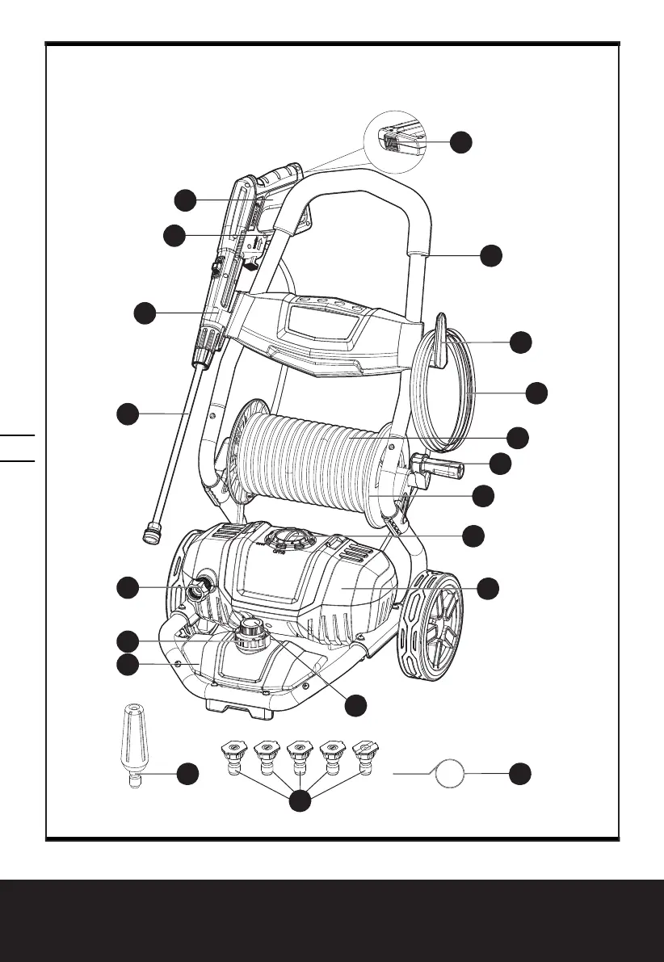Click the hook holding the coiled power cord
441,342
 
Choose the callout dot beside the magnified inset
461,141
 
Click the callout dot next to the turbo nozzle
188,773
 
